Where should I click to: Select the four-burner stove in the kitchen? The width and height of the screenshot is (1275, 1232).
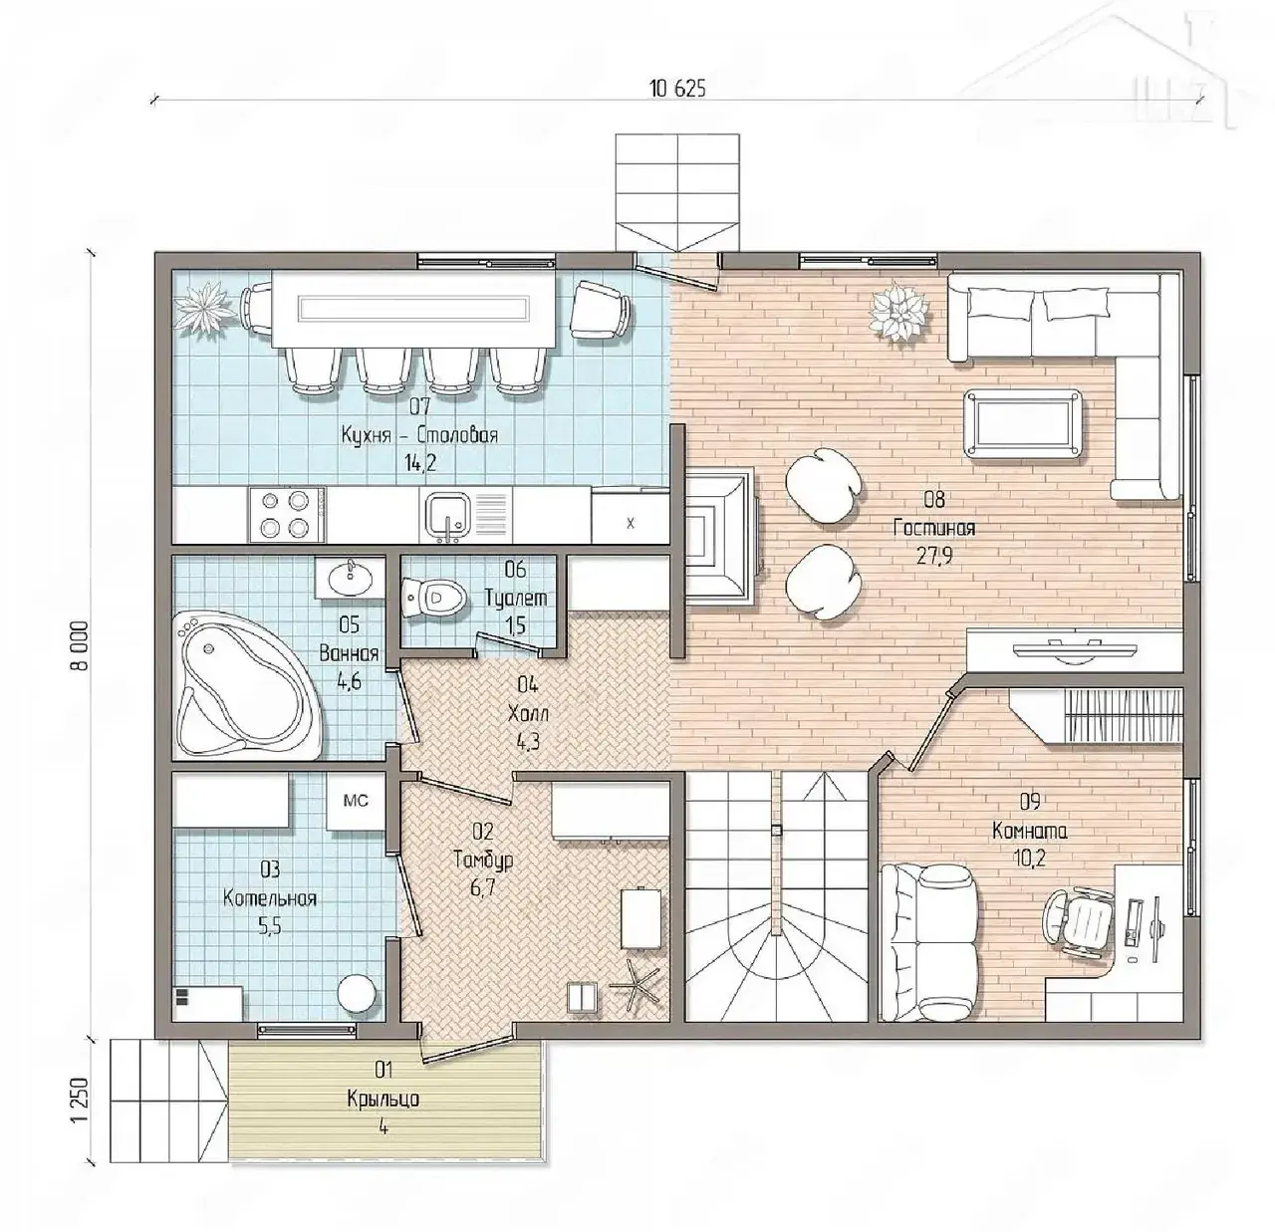click(x=286, y=515)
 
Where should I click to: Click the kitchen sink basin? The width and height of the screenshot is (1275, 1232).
click(x=447, y=514)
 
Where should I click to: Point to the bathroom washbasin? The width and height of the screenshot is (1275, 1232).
click(x=350, y=577)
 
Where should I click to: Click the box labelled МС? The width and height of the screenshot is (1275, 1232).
click(x=356, y=801)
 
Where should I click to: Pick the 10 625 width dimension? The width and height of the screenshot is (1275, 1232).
click(x=678, y=89)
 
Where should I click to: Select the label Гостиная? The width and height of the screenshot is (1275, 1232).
click(x=934, y=528)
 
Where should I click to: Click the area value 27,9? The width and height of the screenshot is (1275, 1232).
click(x=934, y=556)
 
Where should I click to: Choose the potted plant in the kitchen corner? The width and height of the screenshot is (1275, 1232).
click(x=206, y=309)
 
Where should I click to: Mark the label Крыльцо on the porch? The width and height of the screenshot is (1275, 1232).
click(x=383, y=1099)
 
